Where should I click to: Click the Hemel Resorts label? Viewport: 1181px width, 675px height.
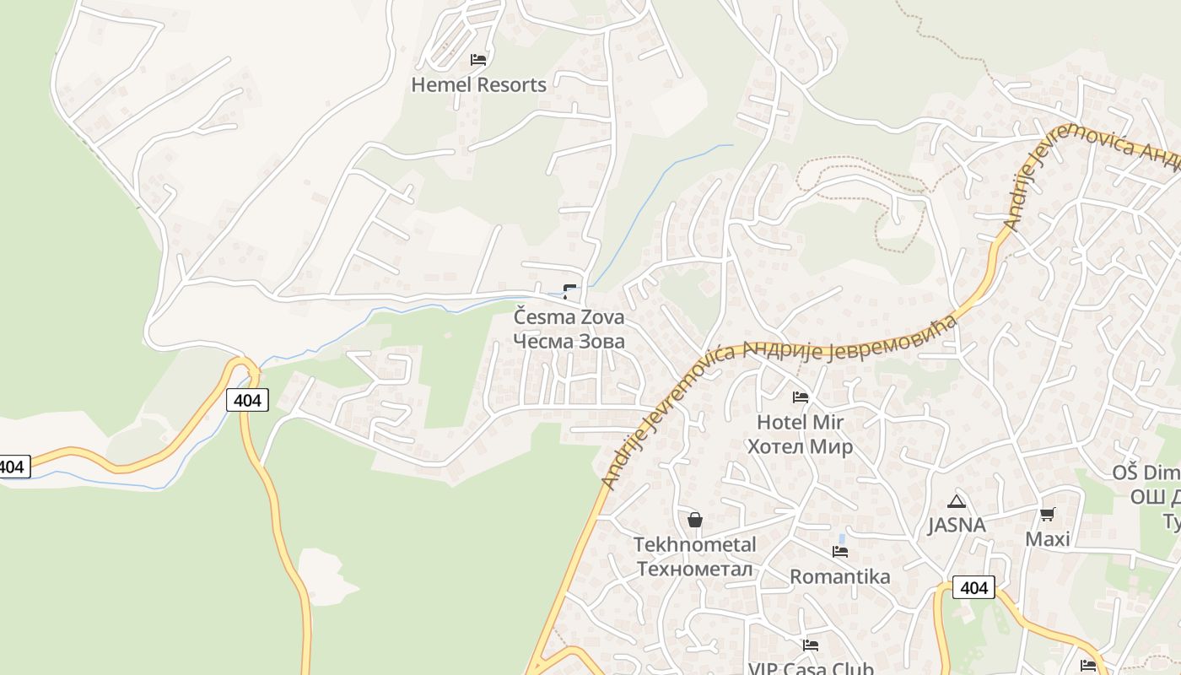[478, 84]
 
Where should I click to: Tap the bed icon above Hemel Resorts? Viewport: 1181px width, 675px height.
[478, 60]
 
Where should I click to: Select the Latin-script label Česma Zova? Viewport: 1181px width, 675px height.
[569, 318]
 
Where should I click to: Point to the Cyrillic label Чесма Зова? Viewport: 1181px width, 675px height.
[569, 342]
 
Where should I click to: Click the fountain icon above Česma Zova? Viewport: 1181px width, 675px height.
[570, 293]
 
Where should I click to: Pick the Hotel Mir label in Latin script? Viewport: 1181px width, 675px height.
[800, 422]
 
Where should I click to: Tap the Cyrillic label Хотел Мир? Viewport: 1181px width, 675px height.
[800, 446]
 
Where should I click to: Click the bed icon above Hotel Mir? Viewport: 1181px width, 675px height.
[800, 397]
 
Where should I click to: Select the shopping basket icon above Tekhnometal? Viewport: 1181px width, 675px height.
[695, 520]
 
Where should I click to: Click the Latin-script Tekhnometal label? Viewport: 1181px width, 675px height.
[695, 544]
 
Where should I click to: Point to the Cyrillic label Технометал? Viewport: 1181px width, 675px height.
[695, 569]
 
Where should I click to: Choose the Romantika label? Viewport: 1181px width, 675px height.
[839, 577]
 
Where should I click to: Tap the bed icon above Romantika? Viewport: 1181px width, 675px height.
[839, 552]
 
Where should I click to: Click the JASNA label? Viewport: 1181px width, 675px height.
[957, 525]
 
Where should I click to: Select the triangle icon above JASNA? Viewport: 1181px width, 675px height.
[956, 501]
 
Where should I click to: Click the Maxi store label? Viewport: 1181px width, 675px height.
[1047, 539]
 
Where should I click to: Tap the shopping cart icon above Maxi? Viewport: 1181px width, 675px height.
[1047, 514]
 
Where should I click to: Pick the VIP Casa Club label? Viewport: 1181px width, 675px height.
[811, 668]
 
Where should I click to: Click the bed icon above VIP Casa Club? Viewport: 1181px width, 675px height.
[811, 645]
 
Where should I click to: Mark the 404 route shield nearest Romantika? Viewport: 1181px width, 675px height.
[973, 587]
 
